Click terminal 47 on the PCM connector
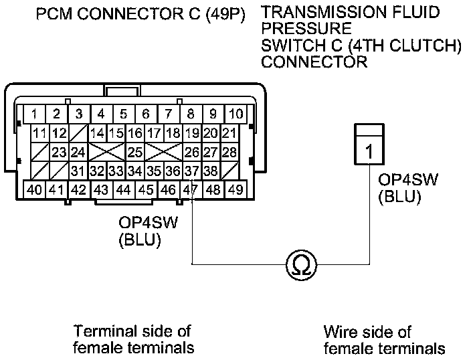[x=191, y=189]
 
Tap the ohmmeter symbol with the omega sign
[x=301, y=265]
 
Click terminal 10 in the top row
[x=235, y=114]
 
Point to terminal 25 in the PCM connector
[x=135, y=152]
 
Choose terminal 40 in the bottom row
[x=34, y=189]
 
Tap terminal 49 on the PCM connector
[x=235, y=189]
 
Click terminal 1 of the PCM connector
[x=34, y=114]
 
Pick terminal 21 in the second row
[x=229, y=132]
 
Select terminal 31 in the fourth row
[x=78, y=171]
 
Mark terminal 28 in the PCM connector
[x=229, y=152]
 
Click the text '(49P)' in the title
[x=225, y=14]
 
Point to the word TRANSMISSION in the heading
[x=321, y=12]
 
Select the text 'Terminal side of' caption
[x=132, y=331]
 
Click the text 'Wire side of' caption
[x=367, y=332]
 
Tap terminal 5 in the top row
[x=124, y=114]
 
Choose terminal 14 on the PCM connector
[x=97, y=132]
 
